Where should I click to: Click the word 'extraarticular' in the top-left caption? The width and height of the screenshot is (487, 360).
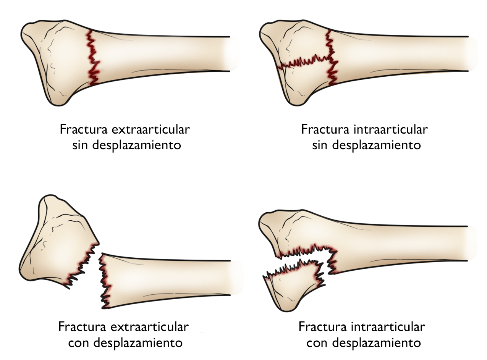150,129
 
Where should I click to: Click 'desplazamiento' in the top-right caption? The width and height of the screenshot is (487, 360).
372,145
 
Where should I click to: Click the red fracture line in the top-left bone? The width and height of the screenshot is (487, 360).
93,57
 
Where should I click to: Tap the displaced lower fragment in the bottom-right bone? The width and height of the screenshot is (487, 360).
292,284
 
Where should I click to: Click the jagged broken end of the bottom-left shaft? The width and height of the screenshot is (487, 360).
104,281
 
